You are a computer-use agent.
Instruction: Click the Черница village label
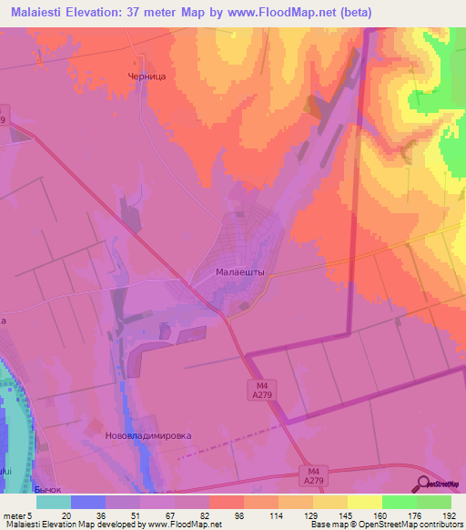click(147, 77)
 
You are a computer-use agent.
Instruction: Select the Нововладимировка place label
click(148, 435)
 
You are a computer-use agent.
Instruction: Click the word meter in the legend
click(13, 515)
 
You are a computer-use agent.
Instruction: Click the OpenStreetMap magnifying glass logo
click(425, 484)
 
